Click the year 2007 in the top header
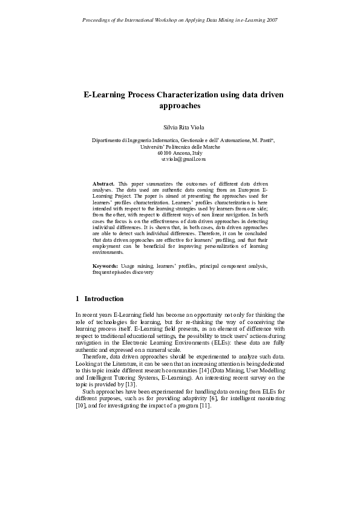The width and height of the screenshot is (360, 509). (271, 20)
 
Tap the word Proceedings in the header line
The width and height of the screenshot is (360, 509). (96, 20)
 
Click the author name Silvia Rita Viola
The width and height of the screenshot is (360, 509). (180, 128)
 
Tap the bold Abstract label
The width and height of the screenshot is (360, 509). (103, 183)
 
